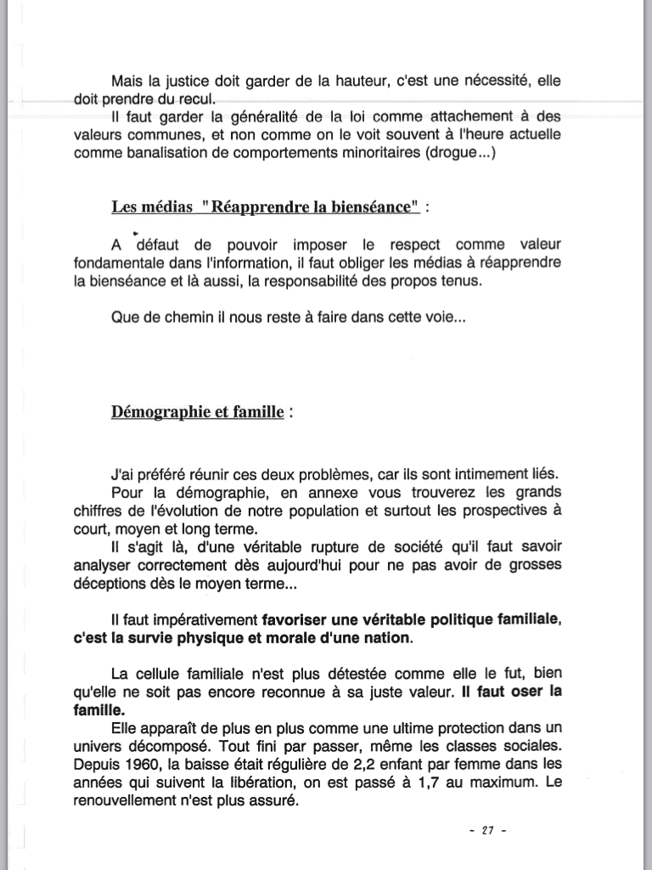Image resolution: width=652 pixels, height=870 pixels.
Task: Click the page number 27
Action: [488, 830]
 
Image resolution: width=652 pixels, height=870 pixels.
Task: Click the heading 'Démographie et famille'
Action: [198, 413]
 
